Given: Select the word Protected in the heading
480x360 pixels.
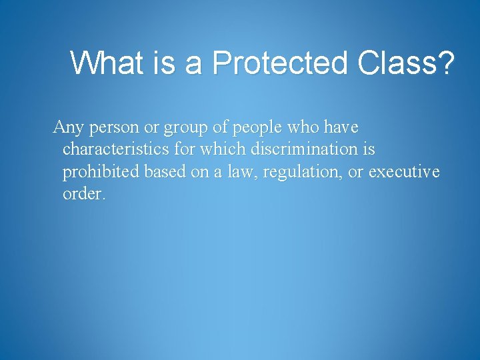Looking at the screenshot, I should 281,63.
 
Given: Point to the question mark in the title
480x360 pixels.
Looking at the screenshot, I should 445,63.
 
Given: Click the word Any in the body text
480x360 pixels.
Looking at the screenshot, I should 67,127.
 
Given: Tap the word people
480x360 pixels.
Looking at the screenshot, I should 257,127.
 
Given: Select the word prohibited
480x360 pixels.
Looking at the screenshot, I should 101,172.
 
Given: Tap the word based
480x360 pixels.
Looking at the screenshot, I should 165,172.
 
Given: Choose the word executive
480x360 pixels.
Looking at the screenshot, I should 404,172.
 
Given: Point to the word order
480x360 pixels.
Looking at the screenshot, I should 82,195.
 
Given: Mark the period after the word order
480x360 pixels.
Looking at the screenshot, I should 103,199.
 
